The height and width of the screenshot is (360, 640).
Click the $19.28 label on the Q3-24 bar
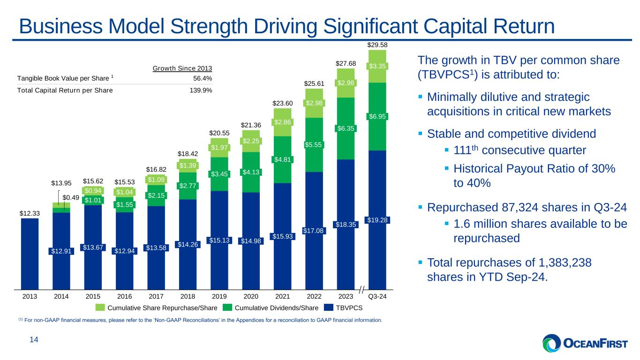(377, 220)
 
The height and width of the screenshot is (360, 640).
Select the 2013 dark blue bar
(30, 253)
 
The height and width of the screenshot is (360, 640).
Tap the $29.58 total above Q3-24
(377, 45)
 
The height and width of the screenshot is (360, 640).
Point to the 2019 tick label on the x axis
(219, 297)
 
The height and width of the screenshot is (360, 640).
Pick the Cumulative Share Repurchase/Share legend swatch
(101, 308)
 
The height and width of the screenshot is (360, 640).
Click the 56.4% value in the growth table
(203, 78)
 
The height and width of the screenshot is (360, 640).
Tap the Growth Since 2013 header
(182, 69)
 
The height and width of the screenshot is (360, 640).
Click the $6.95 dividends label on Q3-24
(377, 116)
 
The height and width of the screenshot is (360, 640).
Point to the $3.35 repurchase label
(377, 66)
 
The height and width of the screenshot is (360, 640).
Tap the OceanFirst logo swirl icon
(552, 343)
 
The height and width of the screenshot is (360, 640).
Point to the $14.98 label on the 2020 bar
(251, 241)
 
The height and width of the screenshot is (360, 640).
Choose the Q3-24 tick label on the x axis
(377, 297)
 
